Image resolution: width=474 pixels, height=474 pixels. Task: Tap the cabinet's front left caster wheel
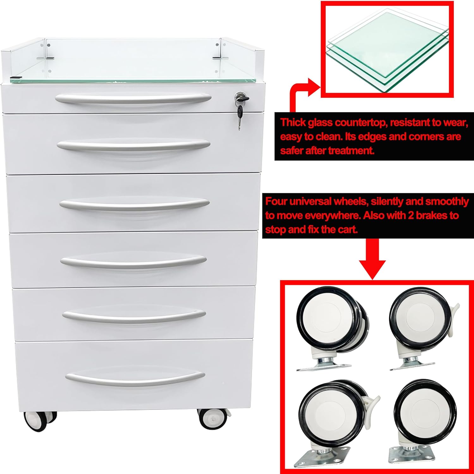(x=40, y=421)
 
